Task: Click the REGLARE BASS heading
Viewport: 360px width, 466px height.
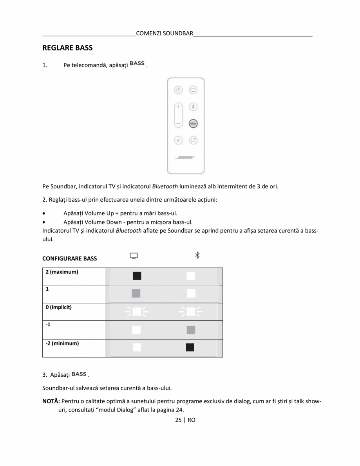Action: point(67,48)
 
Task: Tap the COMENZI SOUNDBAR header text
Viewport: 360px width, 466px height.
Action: point(165,33)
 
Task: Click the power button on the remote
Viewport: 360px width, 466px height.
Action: point(179,90)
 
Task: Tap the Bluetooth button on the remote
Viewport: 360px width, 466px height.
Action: point(193,107)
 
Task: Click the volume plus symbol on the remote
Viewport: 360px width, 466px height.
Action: point(179,107)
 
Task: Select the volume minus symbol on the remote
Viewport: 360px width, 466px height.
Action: point(179,123)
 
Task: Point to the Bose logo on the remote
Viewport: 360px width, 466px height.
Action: point(186,157)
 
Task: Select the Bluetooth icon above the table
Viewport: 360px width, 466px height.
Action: point(197,255)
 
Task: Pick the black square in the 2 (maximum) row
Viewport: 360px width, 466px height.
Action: point(137,276)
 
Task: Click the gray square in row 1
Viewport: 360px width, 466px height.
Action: point(136,293)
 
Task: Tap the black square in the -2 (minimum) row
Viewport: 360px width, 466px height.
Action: point(190,347)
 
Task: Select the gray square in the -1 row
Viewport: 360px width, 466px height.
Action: point(191,330)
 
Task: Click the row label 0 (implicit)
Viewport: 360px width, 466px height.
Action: point(58,307)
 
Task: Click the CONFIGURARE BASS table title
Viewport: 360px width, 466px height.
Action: point(69,258)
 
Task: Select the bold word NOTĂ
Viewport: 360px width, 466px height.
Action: point(51,401)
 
